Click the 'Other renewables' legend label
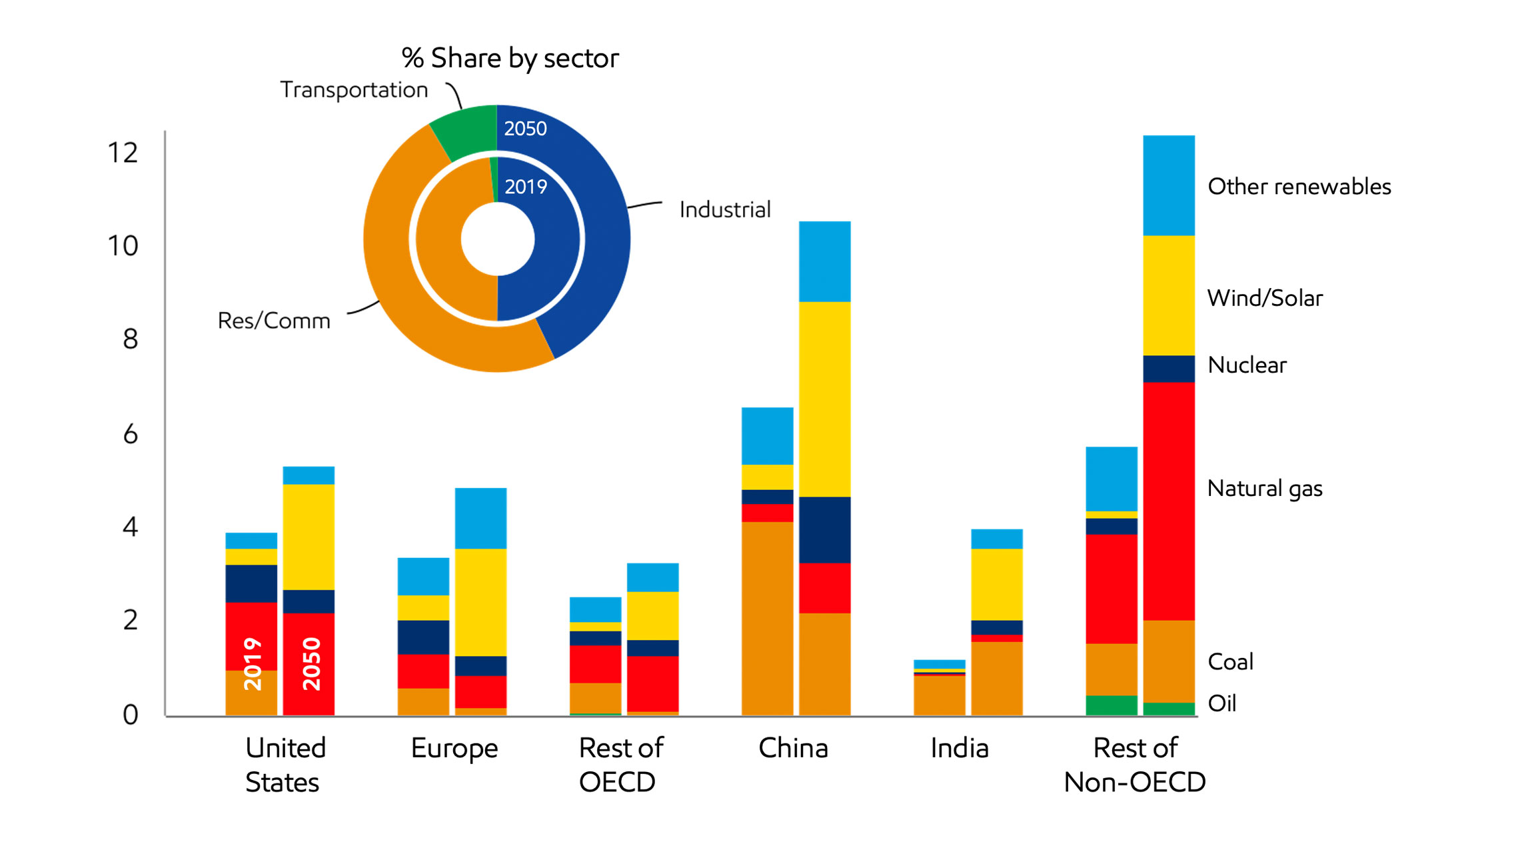[1299, 187]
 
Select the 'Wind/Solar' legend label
[1264, 298]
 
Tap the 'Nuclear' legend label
[1247, 365]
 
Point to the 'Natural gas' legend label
[1264, 489]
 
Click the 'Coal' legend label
[1230, 661]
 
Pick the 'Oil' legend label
[1221, 703]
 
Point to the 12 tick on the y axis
[123, 153]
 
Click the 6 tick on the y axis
[130, 434]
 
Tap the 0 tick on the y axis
[130, 715]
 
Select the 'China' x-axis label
[793, 748]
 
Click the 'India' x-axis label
[959, 748]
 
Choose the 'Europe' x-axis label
[454, 749]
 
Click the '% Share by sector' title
[510, 59]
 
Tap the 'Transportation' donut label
[353, 90]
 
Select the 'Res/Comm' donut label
[274, 321]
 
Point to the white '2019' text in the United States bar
[253, 663]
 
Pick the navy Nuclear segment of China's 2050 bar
[824, 529]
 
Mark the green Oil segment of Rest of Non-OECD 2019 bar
[1111, 705]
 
